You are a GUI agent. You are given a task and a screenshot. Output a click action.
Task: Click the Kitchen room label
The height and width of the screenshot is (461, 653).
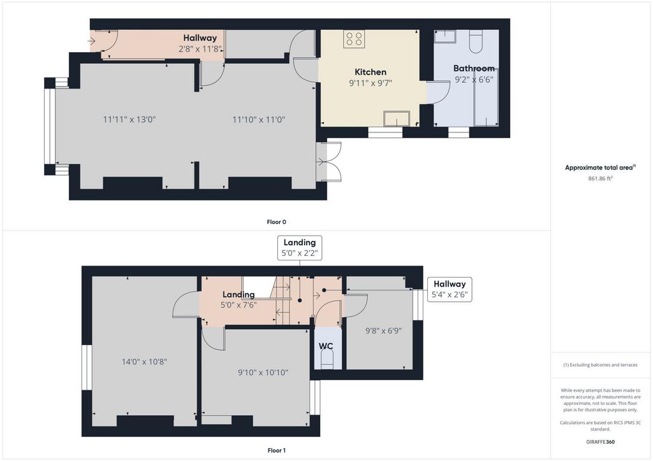(371, 72)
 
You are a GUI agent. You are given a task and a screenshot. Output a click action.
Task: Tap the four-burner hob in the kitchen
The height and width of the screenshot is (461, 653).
(354, 39)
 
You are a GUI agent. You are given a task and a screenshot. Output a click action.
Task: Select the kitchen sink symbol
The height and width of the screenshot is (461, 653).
(397, 118)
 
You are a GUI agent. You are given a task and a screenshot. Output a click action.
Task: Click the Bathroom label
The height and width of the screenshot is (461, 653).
(474, 68)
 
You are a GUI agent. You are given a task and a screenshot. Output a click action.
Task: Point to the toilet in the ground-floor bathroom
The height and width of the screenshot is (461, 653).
(476, 41)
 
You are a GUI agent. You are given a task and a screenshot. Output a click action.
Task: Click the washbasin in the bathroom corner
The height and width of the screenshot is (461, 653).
(445, 36)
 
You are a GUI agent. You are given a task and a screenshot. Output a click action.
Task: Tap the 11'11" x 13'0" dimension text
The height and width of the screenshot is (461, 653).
(129, 120)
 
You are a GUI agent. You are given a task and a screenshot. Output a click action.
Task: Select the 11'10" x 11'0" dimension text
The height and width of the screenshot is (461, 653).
(259, 120)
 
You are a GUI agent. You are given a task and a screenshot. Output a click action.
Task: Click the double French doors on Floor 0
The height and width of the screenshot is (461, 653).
(329, 162)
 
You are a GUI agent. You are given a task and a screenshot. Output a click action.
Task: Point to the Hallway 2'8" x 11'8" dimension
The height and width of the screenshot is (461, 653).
(200, 49)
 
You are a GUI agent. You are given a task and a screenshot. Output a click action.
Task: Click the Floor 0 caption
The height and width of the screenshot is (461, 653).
(277, 222)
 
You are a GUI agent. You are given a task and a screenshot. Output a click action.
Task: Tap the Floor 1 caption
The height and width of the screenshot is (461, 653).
(277, 450)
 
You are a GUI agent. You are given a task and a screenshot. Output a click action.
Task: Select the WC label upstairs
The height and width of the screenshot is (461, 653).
(326, 346)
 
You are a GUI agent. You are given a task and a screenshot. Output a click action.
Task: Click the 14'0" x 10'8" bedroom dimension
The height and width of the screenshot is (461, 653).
(144, 362)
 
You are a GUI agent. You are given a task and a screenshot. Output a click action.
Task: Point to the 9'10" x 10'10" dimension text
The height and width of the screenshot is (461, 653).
(263, 372)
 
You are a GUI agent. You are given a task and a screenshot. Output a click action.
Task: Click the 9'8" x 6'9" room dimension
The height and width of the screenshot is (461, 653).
(383, 331)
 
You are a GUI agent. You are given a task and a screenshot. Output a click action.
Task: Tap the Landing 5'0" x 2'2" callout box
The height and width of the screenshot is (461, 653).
(300, 248)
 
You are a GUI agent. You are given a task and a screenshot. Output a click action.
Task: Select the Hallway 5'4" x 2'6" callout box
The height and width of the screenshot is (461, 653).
(450, 290)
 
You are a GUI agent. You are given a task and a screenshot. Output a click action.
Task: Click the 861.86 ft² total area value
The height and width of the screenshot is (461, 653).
(600, 178)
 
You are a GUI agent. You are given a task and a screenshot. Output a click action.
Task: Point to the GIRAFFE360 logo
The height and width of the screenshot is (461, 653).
(600, 442)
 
